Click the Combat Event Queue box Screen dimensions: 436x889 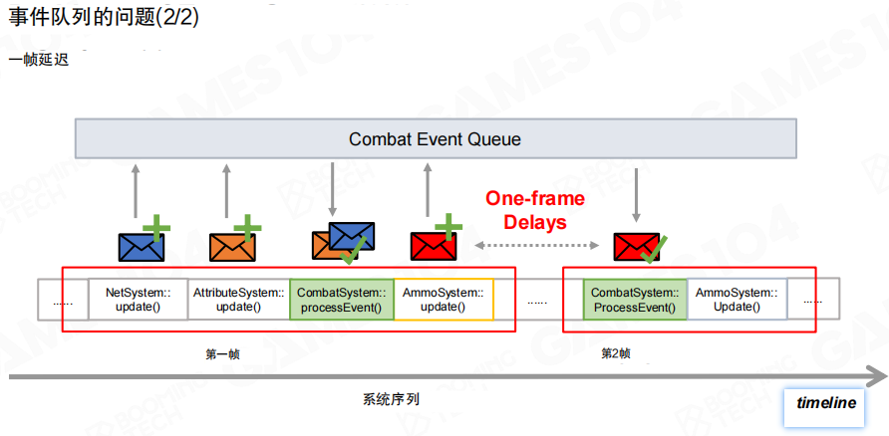point(435,139)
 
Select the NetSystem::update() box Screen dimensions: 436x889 point(138,300)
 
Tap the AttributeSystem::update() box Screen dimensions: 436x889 point(239,300)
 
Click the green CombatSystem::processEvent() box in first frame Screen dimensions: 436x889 point(342,300)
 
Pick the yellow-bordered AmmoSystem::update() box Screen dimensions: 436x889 point(444,300)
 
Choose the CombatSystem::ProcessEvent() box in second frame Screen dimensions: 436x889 point(635,300)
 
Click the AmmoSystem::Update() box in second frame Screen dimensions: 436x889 point(737,300)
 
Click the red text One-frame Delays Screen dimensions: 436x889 point(535,210)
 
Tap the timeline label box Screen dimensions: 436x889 point(826,403)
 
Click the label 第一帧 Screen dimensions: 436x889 point(222,353)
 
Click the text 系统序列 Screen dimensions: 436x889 point(391,399)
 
